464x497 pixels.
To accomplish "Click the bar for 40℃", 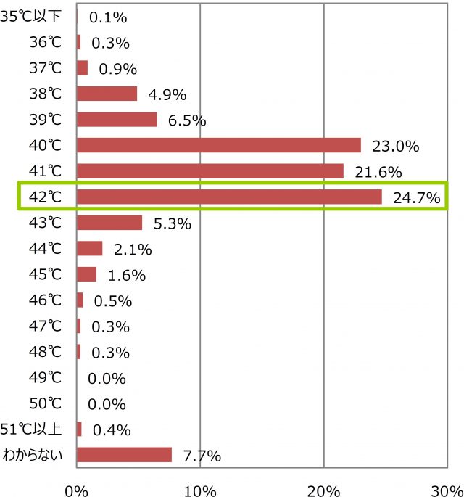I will (x=218, y=145).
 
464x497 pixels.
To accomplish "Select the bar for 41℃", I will (x=210, y=171).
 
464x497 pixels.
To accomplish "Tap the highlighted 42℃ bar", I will (x=228, y=197).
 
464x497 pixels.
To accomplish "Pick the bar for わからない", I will (x=124, y=455).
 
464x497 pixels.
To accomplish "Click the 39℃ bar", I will (x=116, y=120).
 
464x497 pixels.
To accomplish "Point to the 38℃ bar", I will (x=107, y=94).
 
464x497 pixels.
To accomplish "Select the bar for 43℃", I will (x=109, y=223).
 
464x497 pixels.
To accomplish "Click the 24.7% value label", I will (x=416, y=197).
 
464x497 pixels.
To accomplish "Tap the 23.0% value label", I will (x=395, y=146).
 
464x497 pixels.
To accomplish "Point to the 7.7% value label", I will (x=202, y=456).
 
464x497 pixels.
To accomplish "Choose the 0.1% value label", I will (x=107, y=17).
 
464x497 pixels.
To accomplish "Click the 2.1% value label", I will (x=133, y=250).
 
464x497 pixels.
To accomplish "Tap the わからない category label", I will (x=38, y=456).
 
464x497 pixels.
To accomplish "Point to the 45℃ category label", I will (x=46, y=275).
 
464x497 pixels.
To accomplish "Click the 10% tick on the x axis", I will (x=199, y=488).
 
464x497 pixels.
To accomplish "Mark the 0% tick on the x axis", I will (x=76, y=488).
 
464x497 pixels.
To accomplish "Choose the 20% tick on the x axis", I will (x=323, y=488).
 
